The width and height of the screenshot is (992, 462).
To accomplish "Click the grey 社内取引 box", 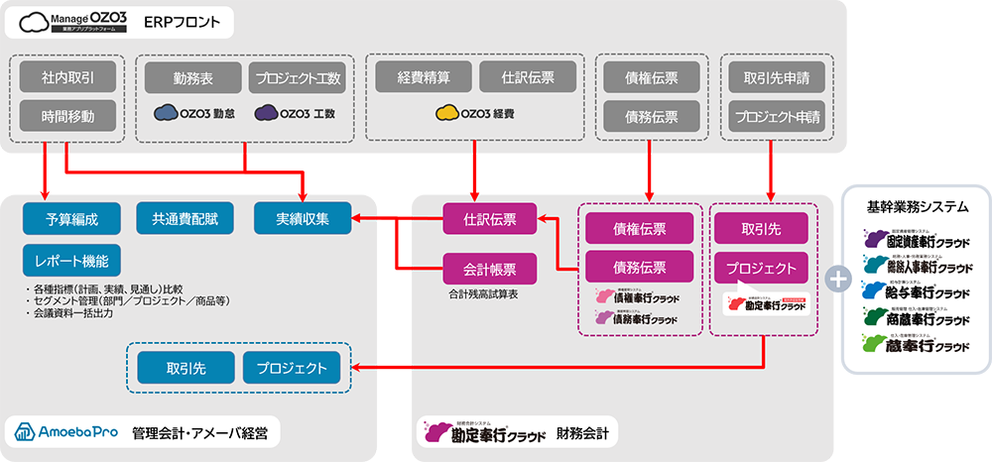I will (x=68, y=77).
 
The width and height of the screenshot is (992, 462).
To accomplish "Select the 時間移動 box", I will (x=68, y=116).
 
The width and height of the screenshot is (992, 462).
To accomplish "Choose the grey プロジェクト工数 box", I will (x=297, y=77).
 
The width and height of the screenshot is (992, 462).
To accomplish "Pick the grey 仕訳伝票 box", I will (x=529, y=76).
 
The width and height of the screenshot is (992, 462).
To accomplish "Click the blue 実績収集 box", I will (x=303, y=218).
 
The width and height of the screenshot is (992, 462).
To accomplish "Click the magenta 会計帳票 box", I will (x=488, y=267).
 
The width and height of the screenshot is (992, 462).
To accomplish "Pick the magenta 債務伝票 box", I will (x=639, y=267).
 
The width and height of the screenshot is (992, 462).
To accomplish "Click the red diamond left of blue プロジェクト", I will (x=395, y=369).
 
